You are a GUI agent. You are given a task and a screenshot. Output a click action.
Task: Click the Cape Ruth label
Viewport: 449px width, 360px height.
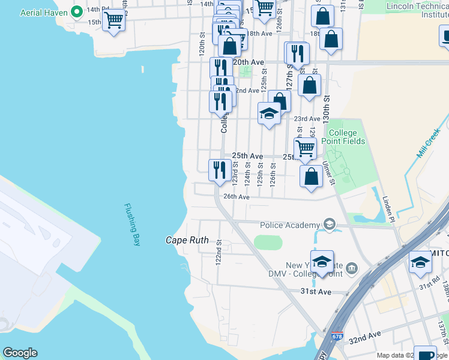coord(187,240)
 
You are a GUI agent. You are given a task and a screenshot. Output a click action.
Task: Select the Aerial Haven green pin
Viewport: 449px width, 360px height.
coord(77,11)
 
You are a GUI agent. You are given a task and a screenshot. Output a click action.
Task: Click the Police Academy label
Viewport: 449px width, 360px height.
coord(290,225)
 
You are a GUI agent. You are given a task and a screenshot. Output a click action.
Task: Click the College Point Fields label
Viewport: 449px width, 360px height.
coord(346,137)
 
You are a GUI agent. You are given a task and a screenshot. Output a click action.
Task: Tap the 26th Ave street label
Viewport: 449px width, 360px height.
coord(236,197)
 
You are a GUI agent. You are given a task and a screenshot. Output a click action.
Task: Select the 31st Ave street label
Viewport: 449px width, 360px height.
coord(316,292)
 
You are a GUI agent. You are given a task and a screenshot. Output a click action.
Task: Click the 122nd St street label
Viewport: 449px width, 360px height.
coord(219,251)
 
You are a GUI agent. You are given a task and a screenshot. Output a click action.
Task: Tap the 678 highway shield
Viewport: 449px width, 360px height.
coord(339,338)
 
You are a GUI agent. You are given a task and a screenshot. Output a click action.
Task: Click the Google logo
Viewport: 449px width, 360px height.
coord(20,353)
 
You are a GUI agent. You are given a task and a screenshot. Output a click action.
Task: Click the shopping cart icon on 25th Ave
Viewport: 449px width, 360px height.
coord(305,148)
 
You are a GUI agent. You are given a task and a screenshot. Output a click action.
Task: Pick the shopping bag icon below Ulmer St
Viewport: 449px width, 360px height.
coord(310,176)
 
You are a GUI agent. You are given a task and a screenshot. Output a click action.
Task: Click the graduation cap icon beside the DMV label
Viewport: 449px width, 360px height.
coord(322,262)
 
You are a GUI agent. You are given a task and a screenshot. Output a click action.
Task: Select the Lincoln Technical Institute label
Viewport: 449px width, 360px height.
coord(417,10)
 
